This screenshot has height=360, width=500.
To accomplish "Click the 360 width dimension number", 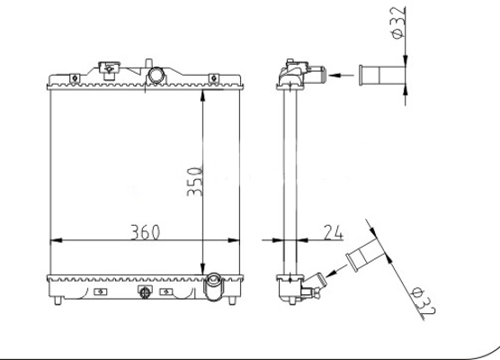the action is (145, 232).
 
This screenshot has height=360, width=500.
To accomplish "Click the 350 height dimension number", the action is (194, 181).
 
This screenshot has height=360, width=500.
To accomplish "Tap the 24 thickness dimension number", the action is (334, 232).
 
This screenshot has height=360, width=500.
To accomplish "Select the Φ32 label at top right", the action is (398, 23).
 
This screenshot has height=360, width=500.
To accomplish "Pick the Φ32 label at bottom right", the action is (424, 301).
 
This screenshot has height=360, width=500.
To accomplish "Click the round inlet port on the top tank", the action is (156, 76).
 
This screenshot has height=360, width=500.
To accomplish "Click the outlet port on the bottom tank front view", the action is (214, 286).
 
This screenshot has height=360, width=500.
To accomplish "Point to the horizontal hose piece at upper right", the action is (382, 76).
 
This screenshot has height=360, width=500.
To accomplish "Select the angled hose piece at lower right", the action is (366, 255).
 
